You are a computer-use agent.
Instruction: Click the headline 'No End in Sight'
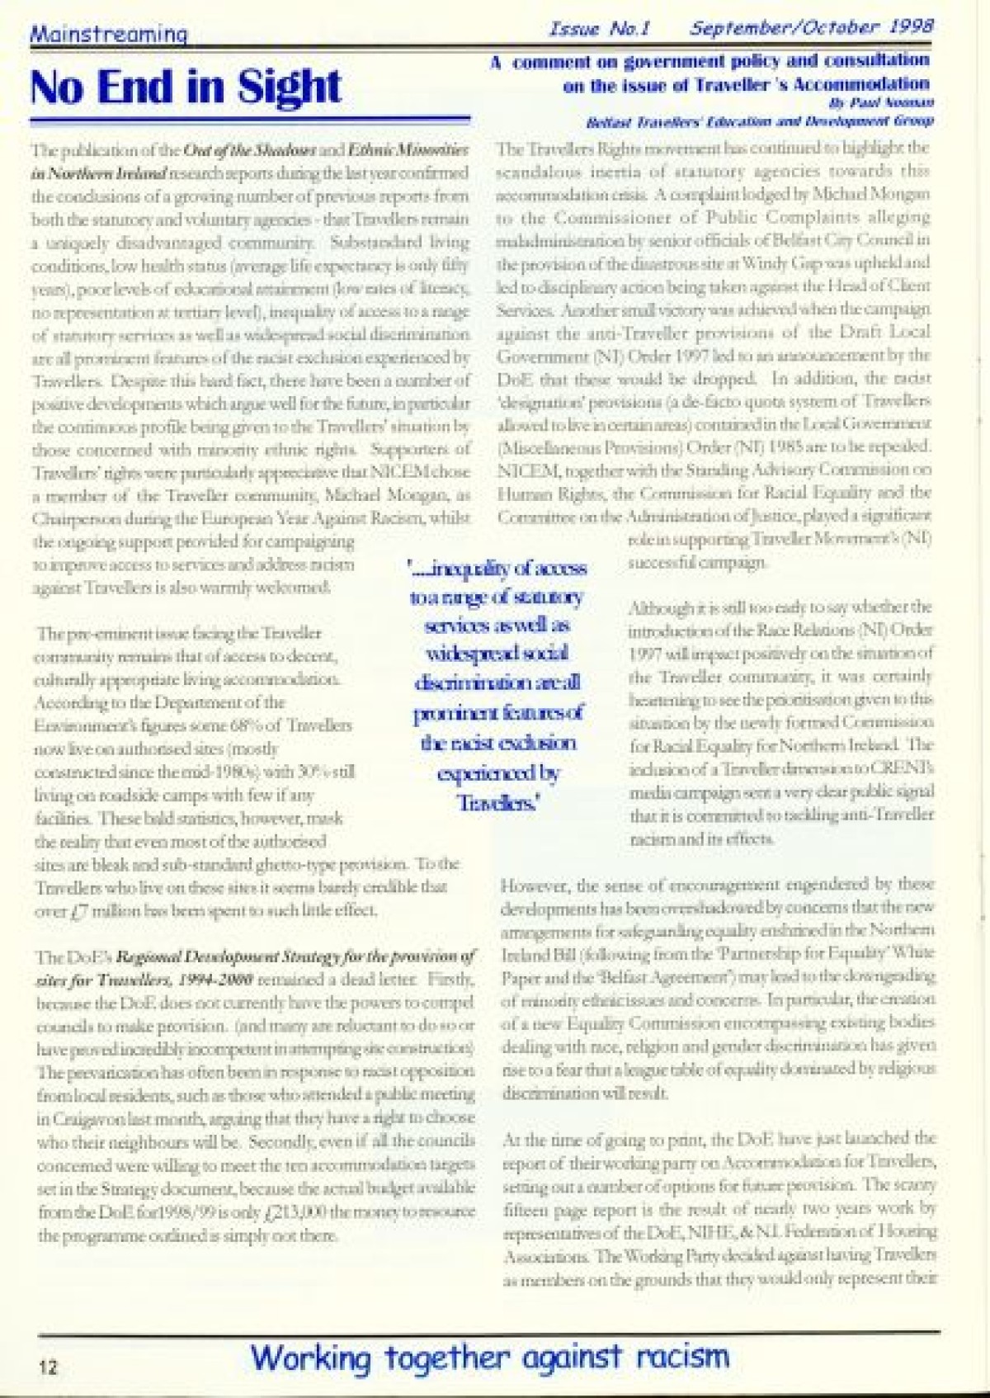click(186, 87)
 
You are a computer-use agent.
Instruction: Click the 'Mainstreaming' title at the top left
click(109, 34)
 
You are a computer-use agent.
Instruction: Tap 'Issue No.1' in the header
click(599, 29)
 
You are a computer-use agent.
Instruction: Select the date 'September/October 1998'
click(812, 27)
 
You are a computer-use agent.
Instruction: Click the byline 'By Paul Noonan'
click(881, 103)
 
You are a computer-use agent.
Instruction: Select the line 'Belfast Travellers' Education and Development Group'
click(759, 121)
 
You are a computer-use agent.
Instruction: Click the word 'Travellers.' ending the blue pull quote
click(497, 802)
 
